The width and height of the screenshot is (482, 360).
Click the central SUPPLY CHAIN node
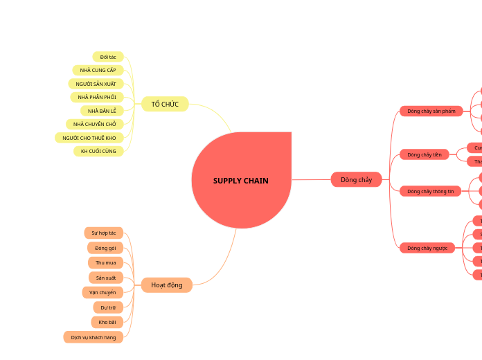[x=241, y=181]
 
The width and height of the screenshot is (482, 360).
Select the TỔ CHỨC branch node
[x=165, y=105]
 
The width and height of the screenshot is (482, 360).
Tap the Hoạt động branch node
[x=166, y=285]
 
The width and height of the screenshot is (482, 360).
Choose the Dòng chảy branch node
[x=356, y=180]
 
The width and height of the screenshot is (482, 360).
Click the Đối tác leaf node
[x=108, y=57]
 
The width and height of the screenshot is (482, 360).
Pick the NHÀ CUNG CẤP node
[x=98, y=70]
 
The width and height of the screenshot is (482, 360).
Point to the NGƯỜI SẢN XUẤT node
[x=96, y=84]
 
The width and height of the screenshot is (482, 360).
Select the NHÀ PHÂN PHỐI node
[x=97, y=97]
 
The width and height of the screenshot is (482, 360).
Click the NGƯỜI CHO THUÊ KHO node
[x=89, y=138]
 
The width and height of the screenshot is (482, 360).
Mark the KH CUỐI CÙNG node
[x=98, y=151]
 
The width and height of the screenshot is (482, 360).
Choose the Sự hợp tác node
[x=103, y=233]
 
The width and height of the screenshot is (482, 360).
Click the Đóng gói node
[x=105, y=248]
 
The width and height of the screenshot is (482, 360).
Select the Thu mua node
[x=105, y=262]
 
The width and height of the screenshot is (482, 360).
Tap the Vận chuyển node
[x=103, y=293]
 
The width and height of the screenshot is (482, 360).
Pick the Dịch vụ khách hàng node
[x=93, y=337]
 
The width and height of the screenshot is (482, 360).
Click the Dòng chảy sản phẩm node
[x=431, y=111]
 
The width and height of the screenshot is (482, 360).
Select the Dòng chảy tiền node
[x=425, y=154]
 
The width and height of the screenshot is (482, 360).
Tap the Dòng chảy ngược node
[x=427, y=248]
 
